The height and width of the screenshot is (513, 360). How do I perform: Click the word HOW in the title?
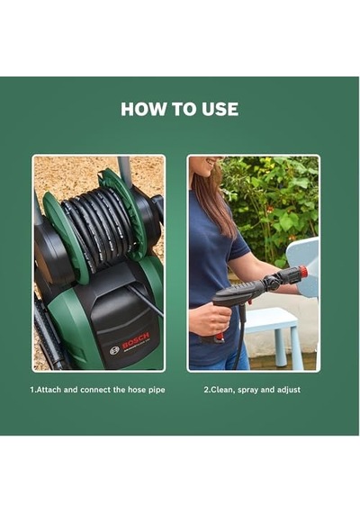(144, 109)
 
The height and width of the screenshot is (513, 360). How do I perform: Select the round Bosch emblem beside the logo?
(114, 350)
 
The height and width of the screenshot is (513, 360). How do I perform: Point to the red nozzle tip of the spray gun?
(303, 271)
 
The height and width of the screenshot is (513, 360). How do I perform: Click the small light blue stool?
(274, 336)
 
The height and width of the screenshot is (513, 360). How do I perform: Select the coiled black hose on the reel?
(98, 226)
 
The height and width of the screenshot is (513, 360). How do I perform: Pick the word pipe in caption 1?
(157, 391)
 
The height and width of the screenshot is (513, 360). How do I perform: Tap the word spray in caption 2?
(248, 391)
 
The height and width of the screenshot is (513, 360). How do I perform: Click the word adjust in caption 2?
(289, 390)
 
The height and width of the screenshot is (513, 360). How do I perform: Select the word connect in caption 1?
(95, 390)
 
